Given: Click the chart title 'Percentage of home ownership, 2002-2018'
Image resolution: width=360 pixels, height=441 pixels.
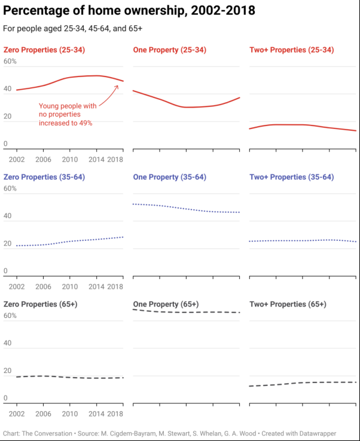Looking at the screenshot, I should pyautogui.click(x=129, y=11).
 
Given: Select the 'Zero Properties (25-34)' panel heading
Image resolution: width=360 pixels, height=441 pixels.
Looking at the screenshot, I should pyautogui.click(x=44, y=50).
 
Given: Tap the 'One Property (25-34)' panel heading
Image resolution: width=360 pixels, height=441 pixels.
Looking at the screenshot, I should pyautogui.click(x=169, y=50).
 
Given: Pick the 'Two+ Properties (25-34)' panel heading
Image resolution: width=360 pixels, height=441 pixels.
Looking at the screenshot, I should pyautogui.click(x=291, y=50).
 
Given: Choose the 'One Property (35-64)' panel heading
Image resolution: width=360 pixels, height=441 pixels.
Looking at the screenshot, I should pyautogui.click(x=169, y=177).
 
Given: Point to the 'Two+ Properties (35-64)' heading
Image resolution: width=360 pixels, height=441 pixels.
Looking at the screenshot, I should pyautogui.click(x=291, y=177).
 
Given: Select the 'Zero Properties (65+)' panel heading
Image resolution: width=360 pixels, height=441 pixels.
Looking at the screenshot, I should pyautogui.click(x=40, y=304).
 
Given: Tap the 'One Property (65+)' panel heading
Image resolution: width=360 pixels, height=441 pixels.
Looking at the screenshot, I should pyautogui.click(x=166, y=304).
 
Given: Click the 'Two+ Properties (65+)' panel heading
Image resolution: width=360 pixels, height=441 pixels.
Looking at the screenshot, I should pyautogui.click(x=288, y=304).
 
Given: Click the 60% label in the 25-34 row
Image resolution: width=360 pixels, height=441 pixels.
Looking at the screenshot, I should pyautogui.click(x=10, y=62).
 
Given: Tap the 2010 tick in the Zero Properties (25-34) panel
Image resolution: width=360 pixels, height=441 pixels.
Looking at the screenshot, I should pyautogui.click(x=70, y=160).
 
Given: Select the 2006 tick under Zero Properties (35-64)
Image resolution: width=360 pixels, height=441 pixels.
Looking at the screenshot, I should pyautogui.click(x=43, y=287).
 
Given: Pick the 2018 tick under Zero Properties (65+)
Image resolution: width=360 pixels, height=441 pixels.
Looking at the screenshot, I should pyautogui.click(x=115, y=414).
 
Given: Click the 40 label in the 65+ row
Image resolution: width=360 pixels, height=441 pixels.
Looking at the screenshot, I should pyautogui.click(x=8, y=343).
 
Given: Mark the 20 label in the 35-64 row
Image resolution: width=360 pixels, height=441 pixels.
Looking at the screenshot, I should pyautogui.click(x=8, y=244).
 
